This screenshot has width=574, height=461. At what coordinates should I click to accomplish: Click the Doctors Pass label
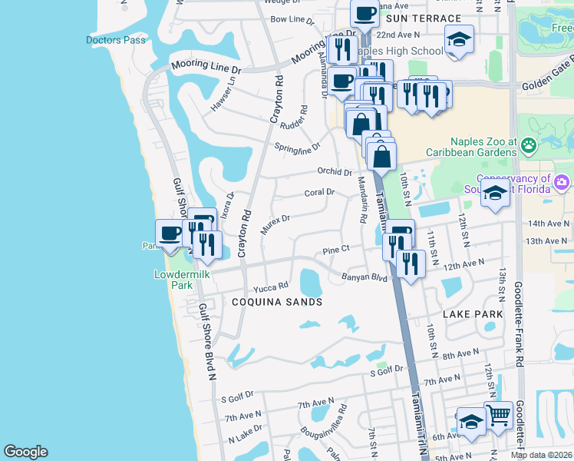point(115,40)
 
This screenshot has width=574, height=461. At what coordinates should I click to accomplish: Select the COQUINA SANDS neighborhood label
point(276,302)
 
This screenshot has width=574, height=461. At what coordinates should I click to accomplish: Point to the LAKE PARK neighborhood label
point(473,314)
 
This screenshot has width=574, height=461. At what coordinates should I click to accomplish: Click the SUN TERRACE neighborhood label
point(424,18)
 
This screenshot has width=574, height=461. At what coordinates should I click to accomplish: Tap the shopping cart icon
point(499,416)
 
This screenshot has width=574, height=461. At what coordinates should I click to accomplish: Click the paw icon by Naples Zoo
point(528,144)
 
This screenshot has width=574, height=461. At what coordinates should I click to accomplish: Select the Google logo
point(25,452)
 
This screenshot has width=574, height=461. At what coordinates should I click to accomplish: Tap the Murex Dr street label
point(275,224)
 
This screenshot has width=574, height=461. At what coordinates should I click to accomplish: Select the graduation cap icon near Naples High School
point(459,40)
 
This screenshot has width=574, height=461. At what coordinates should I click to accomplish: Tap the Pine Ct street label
point(336,250)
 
